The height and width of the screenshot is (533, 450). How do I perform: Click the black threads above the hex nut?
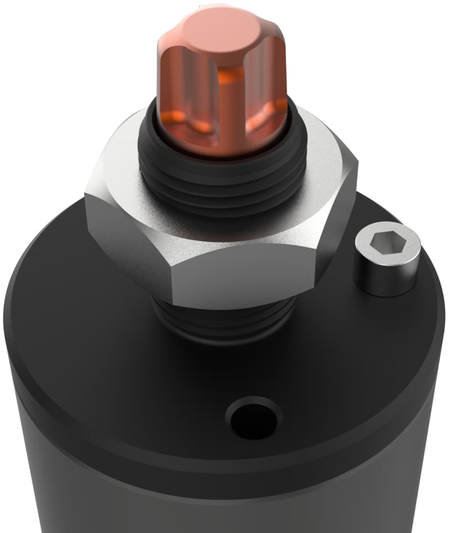(x=225, y=180)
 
